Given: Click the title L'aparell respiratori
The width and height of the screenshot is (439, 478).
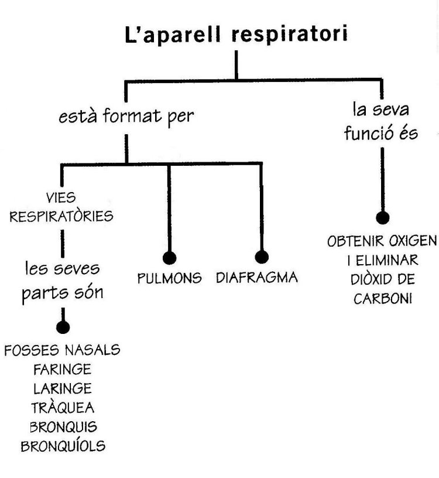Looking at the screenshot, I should (x=236, y=33).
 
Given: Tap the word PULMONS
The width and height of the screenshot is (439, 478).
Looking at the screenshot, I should (x=169, y=278).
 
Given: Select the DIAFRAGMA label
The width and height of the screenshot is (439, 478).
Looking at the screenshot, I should (x=256, y=277).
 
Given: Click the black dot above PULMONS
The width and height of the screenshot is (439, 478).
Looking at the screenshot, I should (x=169, y=257).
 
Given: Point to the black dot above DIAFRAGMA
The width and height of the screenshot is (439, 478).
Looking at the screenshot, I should (x=262, y=257).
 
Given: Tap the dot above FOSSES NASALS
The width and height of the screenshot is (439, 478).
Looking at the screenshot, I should (x=63, y=327).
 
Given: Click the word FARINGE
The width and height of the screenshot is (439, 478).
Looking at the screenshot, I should (x=63, y=370).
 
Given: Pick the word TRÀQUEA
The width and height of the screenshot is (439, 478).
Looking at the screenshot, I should (x=63, y=407).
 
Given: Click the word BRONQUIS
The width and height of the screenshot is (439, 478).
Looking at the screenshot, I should (x=63, y=426).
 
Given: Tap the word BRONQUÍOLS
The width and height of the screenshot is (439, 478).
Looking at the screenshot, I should (x=63, y=445).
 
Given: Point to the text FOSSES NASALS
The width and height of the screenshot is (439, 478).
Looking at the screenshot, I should (x=63, y=351).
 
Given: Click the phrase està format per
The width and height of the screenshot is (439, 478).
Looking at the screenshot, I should (x=126, y=116).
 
